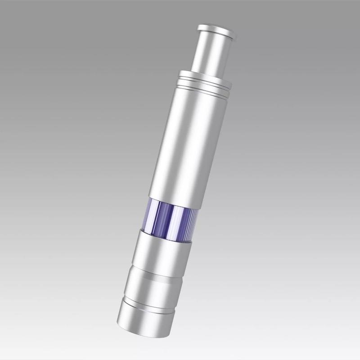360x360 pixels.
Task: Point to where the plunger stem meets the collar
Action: [x=205, y=72]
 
